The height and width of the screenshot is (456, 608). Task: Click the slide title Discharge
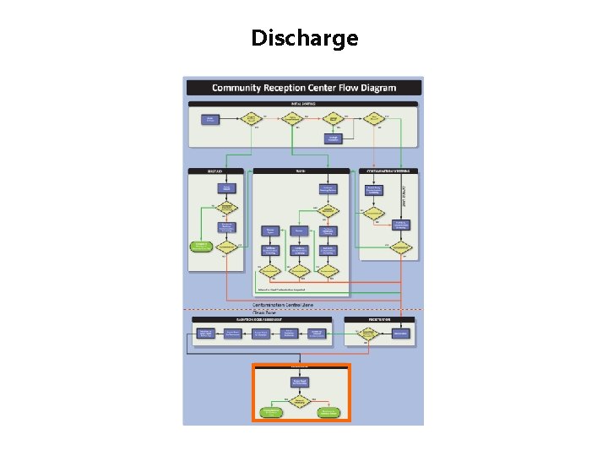point(304,39)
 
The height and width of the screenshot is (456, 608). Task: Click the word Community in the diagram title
point(236,88)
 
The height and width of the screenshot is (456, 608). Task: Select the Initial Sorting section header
point(302,104)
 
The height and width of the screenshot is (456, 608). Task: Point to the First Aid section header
point(215,171)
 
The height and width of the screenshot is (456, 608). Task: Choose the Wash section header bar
point(301,171)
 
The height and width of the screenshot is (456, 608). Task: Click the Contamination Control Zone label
point(295,304)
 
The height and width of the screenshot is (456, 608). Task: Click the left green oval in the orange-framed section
point(271,412)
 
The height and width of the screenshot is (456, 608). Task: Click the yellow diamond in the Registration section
point(367,334)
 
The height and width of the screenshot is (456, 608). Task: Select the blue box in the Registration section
point(400,334)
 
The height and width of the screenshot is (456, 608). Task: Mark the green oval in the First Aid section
point(201,247)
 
